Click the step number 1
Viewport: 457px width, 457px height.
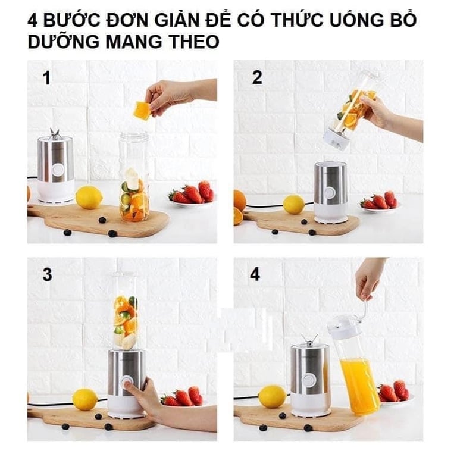[x=46, y=78]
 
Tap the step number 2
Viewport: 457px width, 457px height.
[x=257, y=77]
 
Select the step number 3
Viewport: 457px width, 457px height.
[x=47, y=275]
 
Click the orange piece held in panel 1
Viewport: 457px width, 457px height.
[x=142, y=110]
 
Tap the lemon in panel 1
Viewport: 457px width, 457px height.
[x=89, y=198]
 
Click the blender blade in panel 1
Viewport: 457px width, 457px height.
[x=55, y=132]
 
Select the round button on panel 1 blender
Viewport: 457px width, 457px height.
[x=58, y=170]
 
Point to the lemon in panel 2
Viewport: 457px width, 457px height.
[x=294, y=204]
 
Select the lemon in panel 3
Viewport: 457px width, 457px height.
[x=84, y=399]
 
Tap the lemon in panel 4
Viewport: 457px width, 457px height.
[x=273, y=396]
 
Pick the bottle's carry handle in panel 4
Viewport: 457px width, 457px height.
[x=361, y=308]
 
